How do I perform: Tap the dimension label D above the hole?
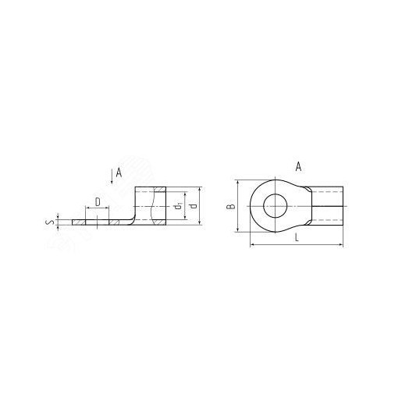(x=98, y=202)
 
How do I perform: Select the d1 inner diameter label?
(x=178, y=206)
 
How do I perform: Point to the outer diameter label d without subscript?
(x=194, y=206)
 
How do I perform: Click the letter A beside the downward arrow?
(x=119, y=172)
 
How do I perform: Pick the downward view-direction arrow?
(x=112, y=176)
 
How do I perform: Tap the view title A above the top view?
(x=298, y=166)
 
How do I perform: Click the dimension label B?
(x=230, y=206)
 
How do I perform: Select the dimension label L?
(x=297, y=237)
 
